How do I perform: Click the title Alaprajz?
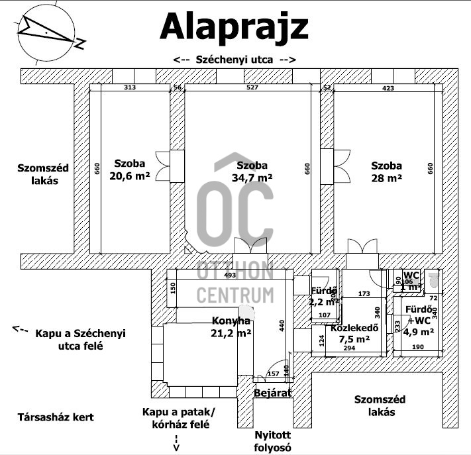[234, 28]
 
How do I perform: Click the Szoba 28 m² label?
[387, 171]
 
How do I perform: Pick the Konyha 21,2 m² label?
[231, 327]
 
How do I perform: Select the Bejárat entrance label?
[272, 393]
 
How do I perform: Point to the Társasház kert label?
[56, 417]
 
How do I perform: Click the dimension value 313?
[129, 87]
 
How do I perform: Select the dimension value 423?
[388, 87]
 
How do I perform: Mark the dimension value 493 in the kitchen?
[230, 275]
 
